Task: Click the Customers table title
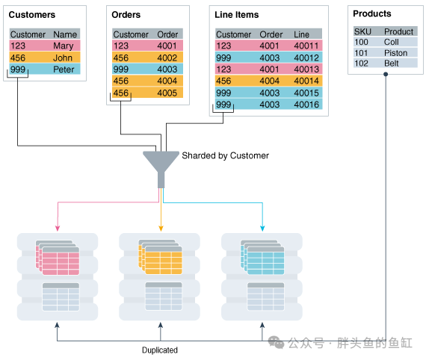pos(32,15)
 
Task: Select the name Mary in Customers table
pos(64,46)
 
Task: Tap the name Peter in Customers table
pos(64,69)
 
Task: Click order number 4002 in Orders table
pos(167,58)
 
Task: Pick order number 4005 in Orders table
pos(167,93)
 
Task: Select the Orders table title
pos(126,15)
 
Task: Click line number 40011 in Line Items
pos(306,46)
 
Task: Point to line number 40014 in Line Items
pos(306,81)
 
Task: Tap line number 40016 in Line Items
pos(306,105)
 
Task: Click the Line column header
pos(302,34)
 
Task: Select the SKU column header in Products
pos(362,32)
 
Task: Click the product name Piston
pos(395,53)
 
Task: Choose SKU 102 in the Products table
pos(361,63)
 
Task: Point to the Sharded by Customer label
pos(225,155)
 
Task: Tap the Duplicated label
pos(160,350)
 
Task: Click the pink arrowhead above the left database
pos(58,228)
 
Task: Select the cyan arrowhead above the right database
pos(262,228)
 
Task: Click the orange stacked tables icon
pos(160,257)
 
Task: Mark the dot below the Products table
pos(386,74)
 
